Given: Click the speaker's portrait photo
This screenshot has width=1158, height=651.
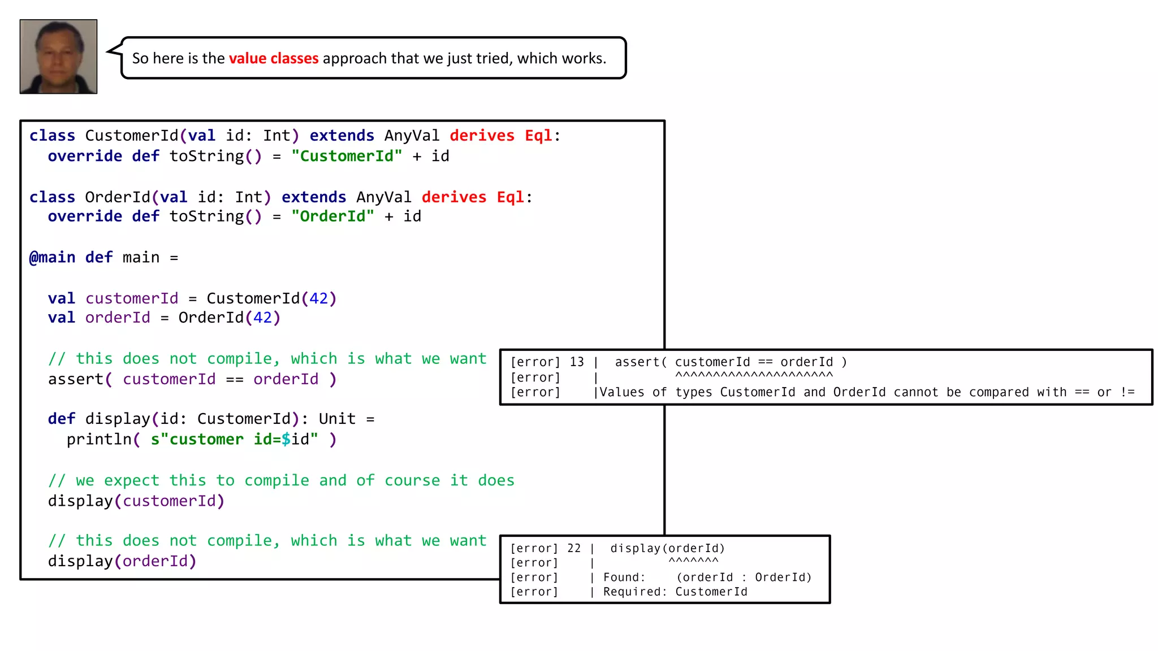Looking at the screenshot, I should click(58, 57).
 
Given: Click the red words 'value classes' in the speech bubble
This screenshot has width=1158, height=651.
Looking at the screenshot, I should click(274, 59).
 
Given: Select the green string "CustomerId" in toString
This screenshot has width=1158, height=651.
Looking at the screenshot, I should click(347, 157).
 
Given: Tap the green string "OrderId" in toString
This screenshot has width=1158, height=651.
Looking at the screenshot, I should click(332, 217).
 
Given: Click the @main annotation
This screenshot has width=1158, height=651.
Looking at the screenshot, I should click(52, 258).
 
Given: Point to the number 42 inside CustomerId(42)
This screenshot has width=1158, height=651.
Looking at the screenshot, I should click(318, 298).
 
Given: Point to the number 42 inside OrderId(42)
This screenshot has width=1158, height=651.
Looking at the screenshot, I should click(262, 318).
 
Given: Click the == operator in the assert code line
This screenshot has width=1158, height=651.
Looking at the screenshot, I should click(234, 380).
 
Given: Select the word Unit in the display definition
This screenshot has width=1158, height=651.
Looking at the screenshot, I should click(337, 419).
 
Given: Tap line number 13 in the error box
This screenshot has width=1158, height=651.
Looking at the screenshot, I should click(577, 362).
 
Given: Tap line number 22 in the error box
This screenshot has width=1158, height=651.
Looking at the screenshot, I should click(574, 549).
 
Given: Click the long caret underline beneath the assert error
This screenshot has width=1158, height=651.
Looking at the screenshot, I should click(754, 375).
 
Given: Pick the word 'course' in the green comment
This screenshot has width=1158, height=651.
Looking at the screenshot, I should click(412, 481).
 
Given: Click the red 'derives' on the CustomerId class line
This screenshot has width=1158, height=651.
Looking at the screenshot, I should click(482, 136).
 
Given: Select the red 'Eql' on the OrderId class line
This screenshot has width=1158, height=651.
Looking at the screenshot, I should click(510, 197).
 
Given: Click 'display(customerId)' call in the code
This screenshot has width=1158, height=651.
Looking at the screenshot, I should click(136, 501).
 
